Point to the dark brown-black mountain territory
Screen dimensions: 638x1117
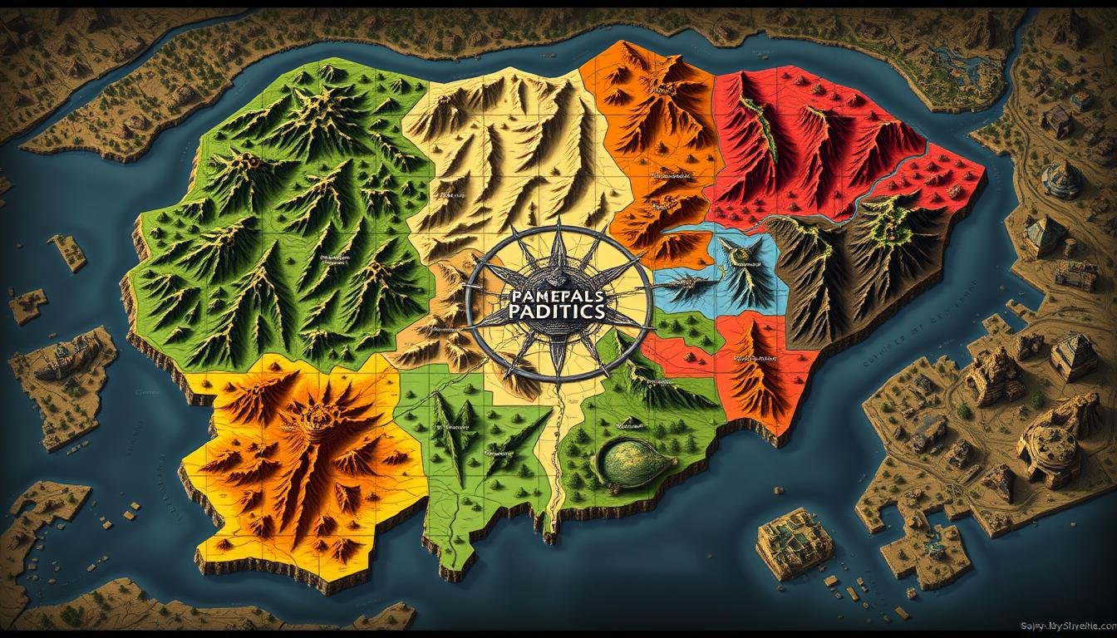point(856,266)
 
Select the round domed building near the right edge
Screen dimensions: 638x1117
point(1061,179)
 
